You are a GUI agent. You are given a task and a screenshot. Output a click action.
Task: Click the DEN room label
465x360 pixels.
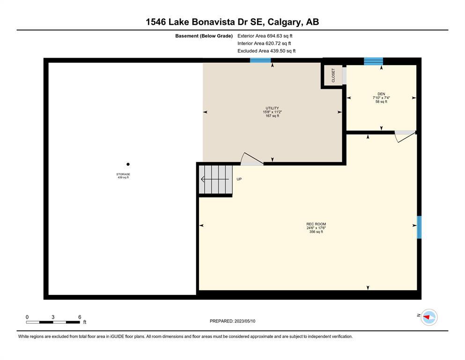point(381,94)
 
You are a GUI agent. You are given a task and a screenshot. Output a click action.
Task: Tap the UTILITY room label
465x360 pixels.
point(272,108)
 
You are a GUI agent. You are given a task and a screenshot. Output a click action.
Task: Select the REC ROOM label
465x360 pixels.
point(316,224)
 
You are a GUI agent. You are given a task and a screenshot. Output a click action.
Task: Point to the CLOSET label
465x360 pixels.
point(333,75)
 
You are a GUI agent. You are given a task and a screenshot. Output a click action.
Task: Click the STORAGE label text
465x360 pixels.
point(123,174)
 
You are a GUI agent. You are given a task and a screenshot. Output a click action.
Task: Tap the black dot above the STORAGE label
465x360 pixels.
point(128,164)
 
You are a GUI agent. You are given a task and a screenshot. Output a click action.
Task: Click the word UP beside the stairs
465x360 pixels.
point(239,179)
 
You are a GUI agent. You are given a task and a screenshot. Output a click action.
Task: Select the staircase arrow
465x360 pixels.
point(215,179)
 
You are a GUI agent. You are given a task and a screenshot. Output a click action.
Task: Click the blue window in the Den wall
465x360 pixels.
point(373,61)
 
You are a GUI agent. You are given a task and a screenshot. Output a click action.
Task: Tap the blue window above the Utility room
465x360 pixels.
point(260,60)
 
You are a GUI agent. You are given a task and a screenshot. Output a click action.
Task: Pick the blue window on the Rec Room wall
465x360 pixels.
point(419,227)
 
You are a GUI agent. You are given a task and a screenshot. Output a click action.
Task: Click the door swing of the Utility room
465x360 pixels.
point(251,159)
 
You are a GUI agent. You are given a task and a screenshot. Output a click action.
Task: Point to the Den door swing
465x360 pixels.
point(405,136)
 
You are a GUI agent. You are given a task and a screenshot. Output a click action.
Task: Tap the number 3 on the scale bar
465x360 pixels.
point(53,317)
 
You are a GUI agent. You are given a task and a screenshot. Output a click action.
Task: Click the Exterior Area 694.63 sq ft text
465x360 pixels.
point(265,36)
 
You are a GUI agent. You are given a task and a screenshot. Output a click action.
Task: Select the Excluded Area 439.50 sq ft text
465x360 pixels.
point(266,51)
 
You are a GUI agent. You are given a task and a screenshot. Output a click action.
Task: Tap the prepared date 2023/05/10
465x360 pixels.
point(244,321)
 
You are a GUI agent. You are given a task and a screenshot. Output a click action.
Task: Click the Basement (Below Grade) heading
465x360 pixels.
point(204,36)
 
